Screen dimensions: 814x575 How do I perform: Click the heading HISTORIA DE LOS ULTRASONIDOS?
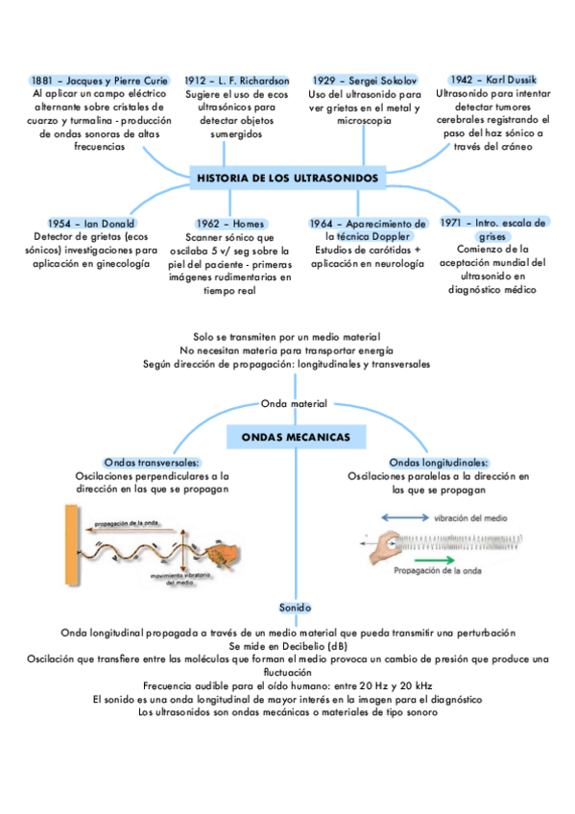(x=287, y=179)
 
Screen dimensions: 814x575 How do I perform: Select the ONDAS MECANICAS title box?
(x=295, y=438)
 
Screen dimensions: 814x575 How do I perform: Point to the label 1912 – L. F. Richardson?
(x=237, y=82)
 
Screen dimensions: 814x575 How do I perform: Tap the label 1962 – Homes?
(x=229, y=224)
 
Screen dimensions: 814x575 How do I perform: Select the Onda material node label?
(x=295, y=403)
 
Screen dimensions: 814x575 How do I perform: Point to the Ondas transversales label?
(x=152, y=463)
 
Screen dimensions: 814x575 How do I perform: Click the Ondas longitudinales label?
(x=438, y=463)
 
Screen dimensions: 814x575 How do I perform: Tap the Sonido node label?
(x=295, y=609)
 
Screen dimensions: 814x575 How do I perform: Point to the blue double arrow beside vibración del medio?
(x=404, y=518)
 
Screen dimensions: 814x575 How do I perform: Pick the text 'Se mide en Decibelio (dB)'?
(x=288, y=646)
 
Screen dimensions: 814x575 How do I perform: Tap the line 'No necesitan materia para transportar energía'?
(x=287, y=350)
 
